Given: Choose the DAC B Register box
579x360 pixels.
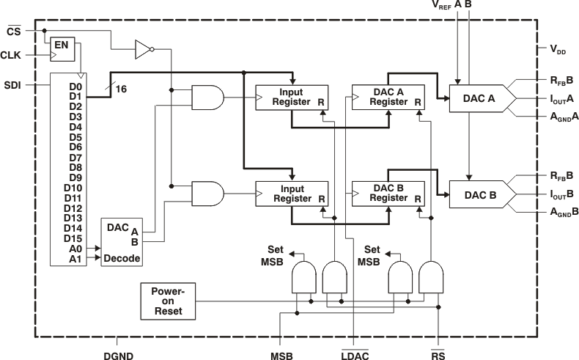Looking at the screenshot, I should click(388, 194).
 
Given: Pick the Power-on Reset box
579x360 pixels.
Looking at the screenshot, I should click(169, 301).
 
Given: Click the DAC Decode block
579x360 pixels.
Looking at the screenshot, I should click(121, 242).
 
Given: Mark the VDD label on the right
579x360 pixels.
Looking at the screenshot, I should click(560, 49).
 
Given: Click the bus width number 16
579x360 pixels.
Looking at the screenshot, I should click(121, 89).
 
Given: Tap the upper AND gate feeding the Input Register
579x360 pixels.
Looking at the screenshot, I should click(207, 98).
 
